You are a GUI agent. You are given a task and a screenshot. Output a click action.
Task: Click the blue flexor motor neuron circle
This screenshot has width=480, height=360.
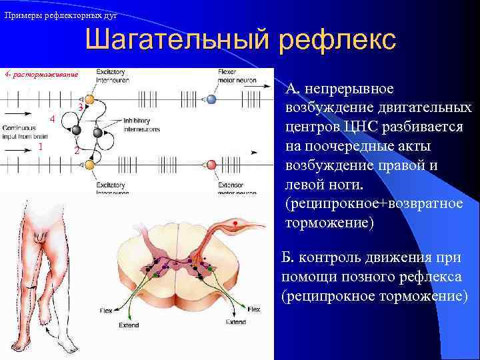[x=211, y=99]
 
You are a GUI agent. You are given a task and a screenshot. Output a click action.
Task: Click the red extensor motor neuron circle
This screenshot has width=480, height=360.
[x=211, y=165]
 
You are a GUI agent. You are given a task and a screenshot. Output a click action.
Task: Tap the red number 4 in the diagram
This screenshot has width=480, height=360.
[x=51, y=119]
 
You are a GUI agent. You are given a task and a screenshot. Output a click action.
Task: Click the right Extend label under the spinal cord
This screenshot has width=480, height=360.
[x=235, y=322]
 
